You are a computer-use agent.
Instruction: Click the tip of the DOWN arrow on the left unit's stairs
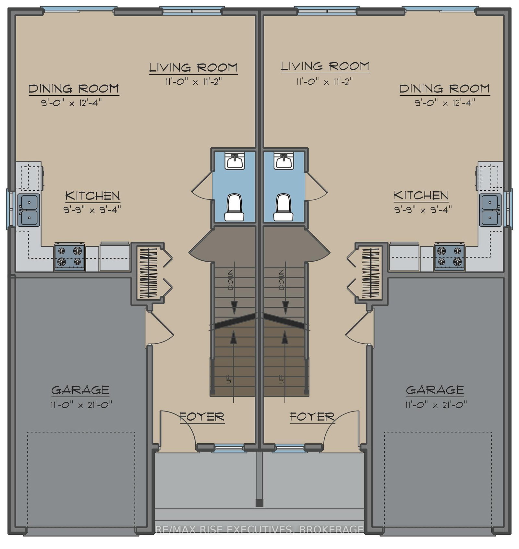234,314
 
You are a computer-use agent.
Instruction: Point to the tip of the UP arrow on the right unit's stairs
285,331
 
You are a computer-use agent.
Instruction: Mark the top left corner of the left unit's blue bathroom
213,151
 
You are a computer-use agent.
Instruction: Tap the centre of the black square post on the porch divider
259,503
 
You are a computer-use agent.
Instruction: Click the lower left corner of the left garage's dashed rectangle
28,527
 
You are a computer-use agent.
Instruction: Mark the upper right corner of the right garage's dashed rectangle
491,432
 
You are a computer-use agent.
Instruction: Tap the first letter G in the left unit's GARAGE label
56,390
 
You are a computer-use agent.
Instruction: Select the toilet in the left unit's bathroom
234,208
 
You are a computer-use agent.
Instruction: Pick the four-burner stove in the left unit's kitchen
69,257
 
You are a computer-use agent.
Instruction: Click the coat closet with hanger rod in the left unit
148,273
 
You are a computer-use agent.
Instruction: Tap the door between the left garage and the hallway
159,328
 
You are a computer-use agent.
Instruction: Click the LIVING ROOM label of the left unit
193,68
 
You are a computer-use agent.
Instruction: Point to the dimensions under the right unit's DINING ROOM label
445,103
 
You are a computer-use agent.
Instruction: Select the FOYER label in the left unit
202,417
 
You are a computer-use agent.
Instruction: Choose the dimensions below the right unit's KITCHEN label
423,209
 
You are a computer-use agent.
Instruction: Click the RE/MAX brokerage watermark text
259,530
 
